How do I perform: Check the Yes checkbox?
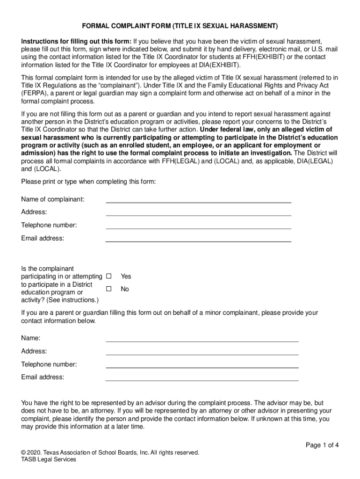(108, 276)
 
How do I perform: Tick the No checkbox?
(108, 289)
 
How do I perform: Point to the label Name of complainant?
(53, 199)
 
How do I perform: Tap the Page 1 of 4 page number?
(322, 445)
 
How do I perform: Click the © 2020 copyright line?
(110, 452)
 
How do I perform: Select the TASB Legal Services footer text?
(49, 459)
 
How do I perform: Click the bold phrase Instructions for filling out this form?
(76, 41)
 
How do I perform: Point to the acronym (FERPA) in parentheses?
(35, 93)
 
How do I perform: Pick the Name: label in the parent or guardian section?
(31, 338)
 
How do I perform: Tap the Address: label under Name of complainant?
(34, 212)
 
